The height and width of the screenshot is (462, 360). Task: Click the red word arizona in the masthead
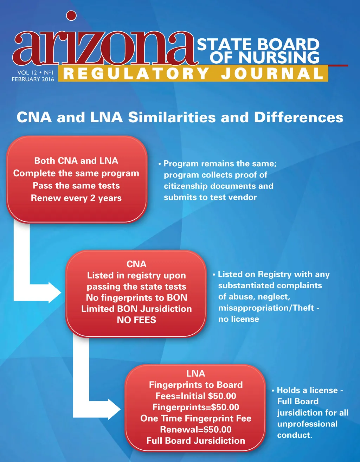[x=105, y=48]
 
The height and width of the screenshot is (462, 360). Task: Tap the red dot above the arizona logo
[x=71, y=15]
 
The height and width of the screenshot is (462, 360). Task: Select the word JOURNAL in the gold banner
[x=272, y=73]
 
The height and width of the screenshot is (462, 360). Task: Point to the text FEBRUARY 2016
[x=33, y=79]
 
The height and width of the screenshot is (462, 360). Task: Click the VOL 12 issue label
[x=27, y=72]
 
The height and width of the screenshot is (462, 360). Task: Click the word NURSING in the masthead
[x=279, y=57]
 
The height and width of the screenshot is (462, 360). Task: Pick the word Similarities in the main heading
[x=172, y=117]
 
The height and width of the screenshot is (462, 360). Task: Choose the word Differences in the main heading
[x=298, y=117]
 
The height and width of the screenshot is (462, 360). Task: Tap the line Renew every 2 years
[x=76, y=198]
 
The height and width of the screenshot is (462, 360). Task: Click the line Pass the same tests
[x=76, y=186]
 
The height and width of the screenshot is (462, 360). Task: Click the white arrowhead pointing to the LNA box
[x=114, y=409]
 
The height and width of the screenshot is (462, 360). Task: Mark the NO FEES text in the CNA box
[x=136, y=320]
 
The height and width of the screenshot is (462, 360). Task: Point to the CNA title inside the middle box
[x=136, y=264]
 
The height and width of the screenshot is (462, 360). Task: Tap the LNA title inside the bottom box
[x=196, y=373]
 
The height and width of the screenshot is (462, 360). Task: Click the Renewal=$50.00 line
[x=196, y=429]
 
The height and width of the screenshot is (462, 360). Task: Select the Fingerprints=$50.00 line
[x=196, y=407]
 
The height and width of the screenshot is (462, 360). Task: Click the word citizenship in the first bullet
[x=186, y=186]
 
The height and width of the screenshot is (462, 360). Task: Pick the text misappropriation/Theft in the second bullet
[x=266, y=308]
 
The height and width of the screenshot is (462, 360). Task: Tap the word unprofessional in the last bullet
[x=307, y=424]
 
